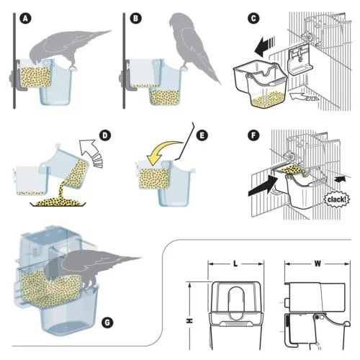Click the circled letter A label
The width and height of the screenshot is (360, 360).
[25, 19]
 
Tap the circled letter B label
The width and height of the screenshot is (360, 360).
[135, 19]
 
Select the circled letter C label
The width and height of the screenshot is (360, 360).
[253, 19]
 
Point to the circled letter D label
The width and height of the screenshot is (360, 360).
[105, 135]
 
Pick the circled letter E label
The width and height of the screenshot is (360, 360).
[202, 135]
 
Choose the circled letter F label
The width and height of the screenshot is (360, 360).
[253, 135]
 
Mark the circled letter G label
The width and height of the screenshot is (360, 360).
[107, 323]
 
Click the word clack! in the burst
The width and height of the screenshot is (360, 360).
[337, 199]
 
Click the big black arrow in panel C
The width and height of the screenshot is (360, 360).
[265, 47]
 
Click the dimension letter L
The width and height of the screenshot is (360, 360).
[235, 264]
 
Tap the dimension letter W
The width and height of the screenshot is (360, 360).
[318, 264]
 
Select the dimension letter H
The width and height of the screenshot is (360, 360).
[190, 320]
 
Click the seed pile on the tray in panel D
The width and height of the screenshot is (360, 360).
[58, 203]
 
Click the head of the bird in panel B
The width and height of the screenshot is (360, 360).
[176, 21]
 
